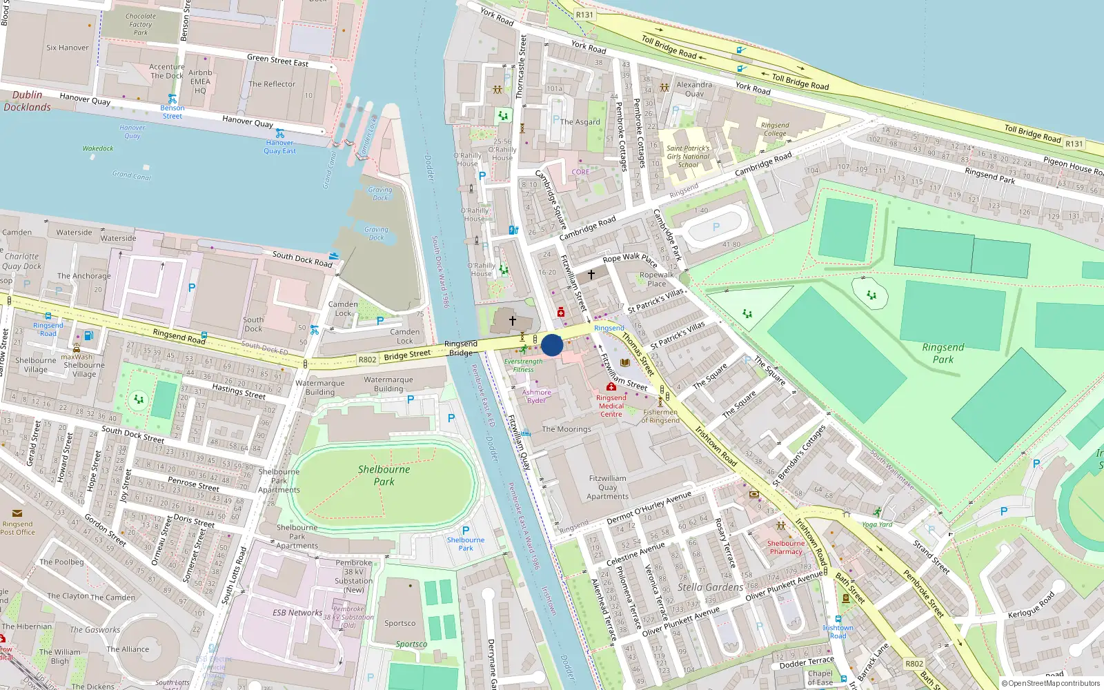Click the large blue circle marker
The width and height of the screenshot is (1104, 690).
[x=552, y=345]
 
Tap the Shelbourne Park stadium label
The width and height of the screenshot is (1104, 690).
[x=384, y=475]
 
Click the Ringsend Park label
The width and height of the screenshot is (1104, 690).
[x=943, y=353]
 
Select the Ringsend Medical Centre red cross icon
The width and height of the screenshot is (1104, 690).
[x=611, y=387]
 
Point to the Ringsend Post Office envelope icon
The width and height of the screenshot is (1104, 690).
[x=17, y=513]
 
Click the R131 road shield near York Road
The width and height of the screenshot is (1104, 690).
[x=584, y=14]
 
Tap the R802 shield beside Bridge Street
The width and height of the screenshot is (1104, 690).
[x=367, y=359]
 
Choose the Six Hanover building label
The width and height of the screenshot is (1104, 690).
[x=68, y=48]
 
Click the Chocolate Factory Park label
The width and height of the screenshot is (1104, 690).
[x=141, y=24]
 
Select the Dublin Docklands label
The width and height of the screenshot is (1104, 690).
[x=28, y=101]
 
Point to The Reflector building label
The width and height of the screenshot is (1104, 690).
[x=272, y=84]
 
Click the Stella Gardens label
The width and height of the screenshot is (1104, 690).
[x=710, y=587]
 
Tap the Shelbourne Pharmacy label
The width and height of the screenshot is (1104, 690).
[x=786, y=547]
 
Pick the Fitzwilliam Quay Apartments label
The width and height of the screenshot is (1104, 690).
[x=607, y=487]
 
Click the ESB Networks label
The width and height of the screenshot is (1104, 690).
[x=297, y=612]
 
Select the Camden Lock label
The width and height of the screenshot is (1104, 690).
[x=343, y=308]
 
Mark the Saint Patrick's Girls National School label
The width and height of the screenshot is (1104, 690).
[x=688, y=157]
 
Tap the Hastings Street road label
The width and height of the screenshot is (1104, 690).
[x=239, y=391]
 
